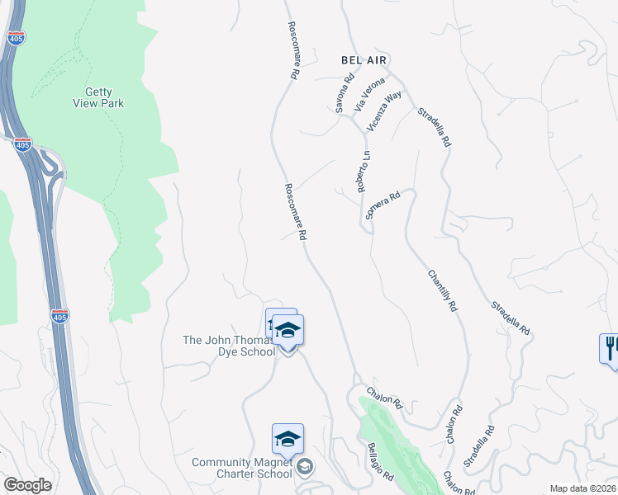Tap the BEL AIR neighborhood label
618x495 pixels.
coord(364,60)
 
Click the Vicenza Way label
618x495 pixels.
coord(384,111)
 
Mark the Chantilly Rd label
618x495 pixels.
coord(442,290)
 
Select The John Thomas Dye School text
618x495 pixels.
coord(228,346)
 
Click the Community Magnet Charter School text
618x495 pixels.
coord(242,468)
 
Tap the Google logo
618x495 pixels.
coord(27,485)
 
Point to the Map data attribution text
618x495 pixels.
coord(583,488)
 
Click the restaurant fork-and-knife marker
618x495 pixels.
coord(610,346)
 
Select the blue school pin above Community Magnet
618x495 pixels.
coord(288,440)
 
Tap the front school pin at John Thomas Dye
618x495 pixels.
coord(288,331)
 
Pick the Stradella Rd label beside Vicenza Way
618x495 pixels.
coord(434,127)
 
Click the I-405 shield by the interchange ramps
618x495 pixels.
coord(22,144)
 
